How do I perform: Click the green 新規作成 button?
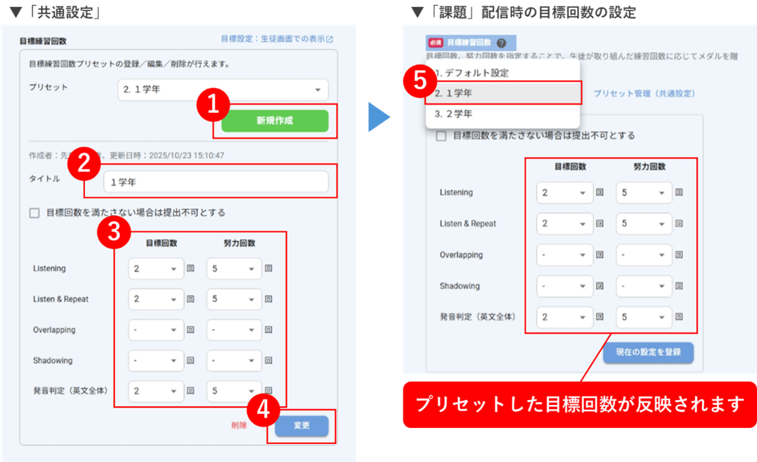point(275,121)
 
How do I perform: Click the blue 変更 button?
point(301,426)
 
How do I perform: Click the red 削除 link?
point(239,425)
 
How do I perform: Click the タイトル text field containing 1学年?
point(215,182)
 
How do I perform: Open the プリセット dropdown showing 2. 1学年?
point(222,90)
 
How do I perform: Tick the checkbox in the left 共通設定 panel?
point(34,213)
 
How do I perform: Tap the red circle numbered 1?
point(213,105)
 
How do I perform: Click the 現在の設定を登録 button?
point(648,352)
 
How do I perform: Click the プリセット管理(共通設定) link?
point(643,93)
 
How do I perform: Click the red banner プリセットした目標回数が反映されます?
point(579,404)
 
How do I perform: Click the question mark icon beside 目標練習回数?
point(502,43)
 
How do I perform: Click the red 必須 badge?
point(436,43)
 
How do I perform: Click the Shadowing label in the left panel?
point(53,360)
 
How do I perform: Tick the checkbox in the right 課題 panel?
point(441,136)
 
